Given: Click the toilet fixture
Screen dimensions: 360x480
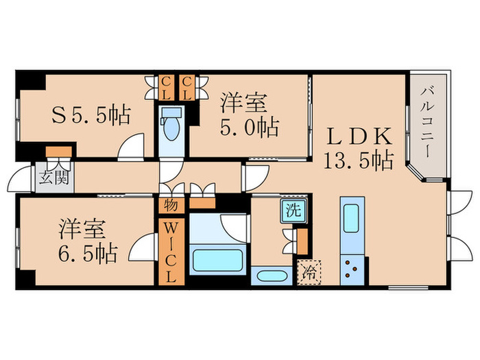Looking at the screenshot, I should click(x=171, y=127).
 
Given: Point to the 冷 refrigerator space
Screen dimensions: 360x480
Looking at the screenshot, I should click(x=309, y=272).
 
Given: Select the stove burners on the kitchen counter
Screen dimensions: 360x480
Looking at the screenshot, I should click(x=353, y=267).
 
